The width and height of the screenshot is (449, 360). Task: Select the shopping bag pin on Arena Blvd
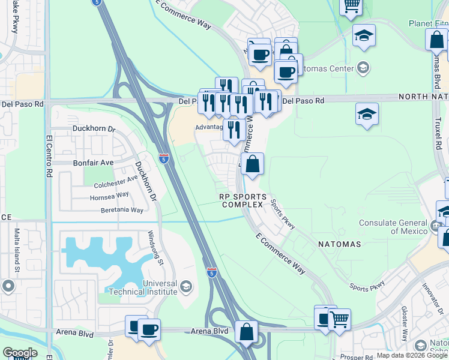(x=246, y=332)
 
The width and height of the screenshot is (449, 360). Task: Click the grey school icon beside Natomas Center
(x=363, y=67)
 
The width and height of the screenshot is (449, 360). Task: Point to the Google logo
(x=20, y=353)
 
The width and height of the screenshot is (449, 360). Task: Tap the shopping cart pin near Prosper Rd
(x=339, y=320)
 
